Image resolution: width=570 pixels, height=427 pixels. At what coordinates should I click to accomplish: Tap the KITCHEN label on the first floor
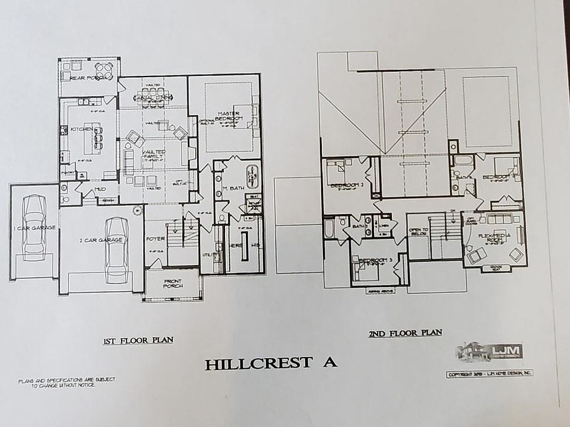[x=81, y=129]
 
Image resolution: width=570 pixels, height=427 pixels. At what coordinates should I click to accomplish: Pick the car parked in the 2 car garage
[x=116, y=242]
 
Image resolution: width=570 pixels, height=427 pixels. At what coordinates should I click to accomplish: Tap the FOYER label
[x=156, y=239]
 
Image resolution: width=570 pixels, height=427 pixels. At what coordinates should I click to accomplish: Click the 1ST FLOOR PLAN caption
[x=138, y=340]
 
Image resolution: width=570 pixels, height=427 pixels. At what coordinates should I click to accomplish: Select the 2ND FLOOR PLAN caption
[x=405, y=333]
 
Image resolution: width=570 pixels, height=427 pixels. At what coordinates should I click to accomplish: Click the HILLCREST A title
[x=271, y=364]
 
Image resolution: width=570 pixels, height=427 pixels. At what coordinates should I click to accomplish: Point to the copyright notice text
[x=490, y=374]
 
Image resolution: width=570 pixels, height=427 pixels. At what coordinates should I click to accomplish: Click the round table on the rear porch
[x=104, y=68]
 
